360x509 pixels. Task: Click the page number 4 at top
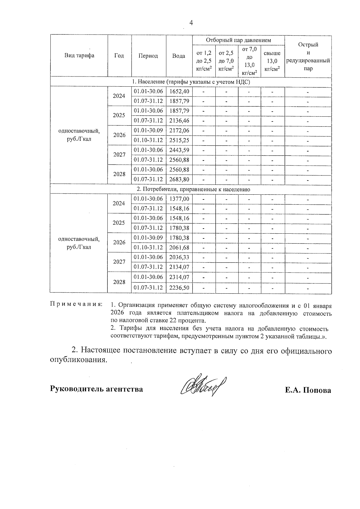[x=191, y=23]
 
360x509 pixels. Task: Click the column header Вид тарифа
[x=79, y=56]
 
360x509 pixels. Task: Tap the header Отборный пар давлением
[x=238, y=40]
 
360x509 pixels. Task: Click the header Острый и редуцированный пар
[x=308, y=56]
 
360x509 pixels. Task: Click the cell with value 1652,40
[x=179, y=91]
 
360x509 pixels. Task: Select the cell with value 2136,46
[x=179, y=121]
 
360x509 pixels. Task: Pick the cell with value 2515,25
[x=179, y=140]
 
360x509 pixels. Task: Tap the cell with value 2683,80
[x=179, y=179]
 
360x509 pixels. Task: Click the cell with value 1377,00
[x=179, y=199]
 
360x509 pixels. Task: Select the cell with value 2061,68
[x=179, y=247]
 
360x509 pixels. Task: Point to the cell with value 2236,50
[x=179, y=287]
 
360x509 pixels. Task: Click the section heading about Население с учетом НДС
[x=191, y=82]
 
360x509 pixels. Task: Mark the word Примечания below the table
[x=76, y=304]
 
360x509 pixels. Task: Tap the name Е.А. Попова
[x=308, y=390]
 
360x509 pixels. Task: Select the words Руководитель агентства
[x=96, y=389]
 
